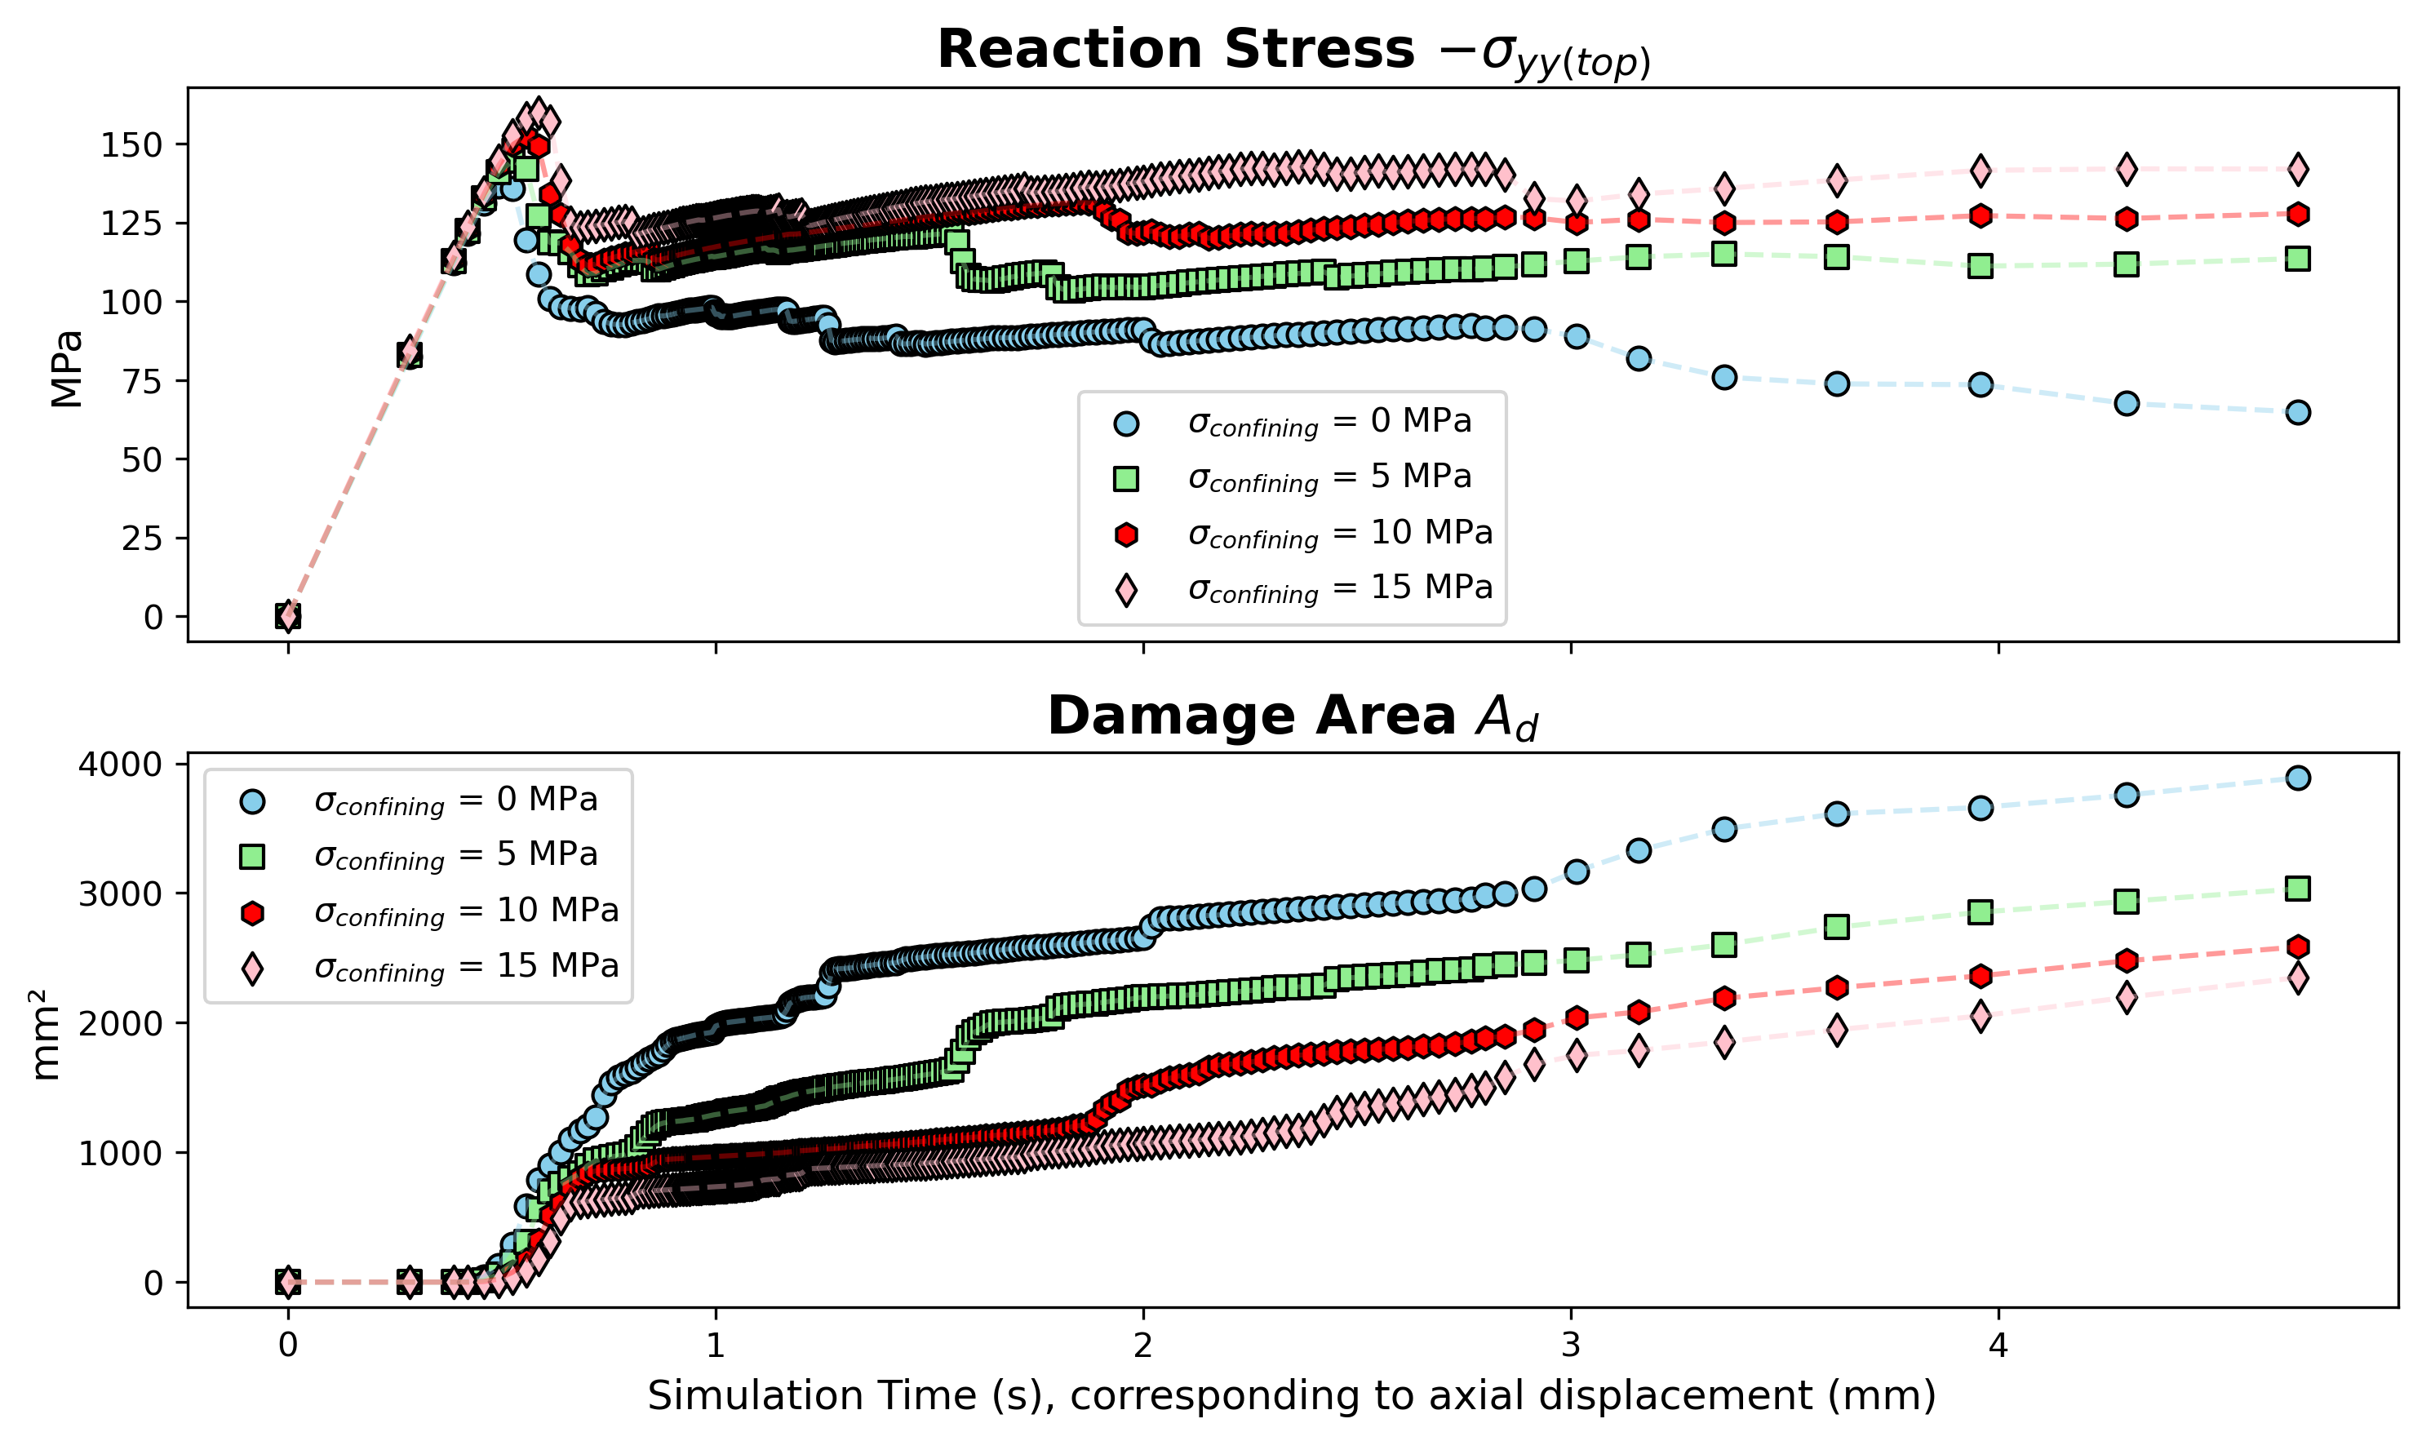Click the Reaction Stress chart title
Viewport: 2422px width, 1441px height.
[x=1293, y=51]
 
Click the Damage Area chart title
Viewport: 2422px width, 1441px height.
[x=1293, y=716]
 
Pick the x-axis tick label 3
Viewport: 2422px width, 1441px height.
[x=1570, y=1346]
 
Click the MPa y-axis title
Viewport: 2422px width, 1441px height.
[x=67, y=369]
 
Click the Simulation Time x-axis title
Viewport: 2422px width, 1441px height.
[x=1292, y=1396]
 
